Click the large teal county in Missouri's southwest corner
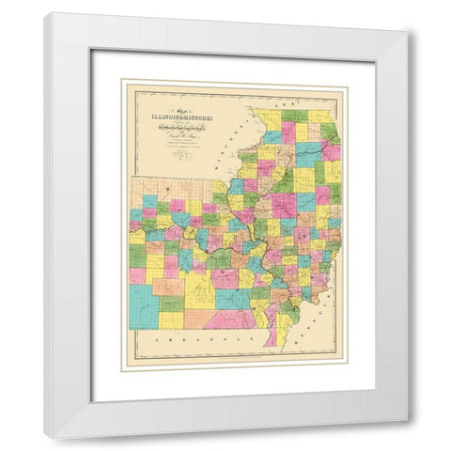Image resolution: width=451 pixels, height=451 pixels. click(x=144, y=305)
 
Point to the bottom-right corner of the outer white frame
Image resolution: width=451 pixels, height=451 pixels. click(x=407, y=438)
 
